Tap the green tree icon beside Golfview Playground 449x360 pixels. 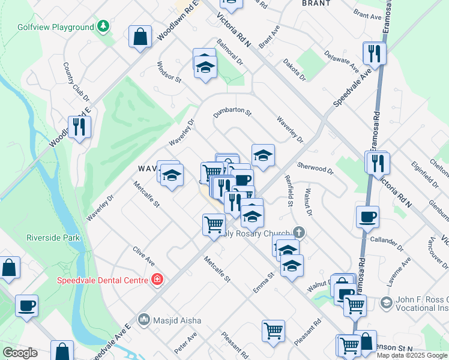[104, 26]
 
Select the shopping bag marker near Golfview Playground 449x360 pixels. [140, 37]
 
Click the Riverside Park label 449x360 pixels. [53, 238]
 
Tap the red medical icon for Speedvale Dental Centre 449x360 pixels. [157, 280]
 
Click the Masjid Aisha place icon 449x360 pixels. [143, 320]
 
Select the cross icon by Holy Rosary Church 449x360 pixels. [298, 233]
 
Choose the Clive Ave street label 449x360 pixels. [144, 259]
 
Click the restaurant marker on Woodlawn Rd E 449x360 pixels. [79, 127]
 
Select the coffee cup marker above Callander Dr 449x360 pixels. [367, 216]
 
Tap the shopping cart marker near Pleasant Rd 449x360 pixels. [273, 330]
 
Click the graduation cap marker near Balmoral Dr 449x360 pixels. [205, 67]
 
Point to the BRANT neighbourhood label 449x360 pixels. [316, 3]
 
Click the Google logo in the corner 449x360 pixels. [20, 353]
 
